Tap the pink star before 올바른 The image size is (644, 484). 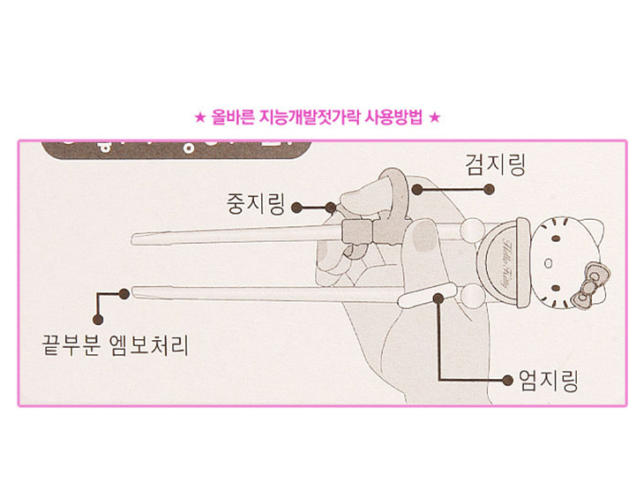(200, 117)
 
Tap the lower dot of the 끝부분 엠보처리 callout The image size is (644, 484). (97, 318)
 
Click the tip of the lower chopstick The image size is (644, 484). (134, 290)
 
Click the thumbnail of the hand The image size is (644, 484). (424, 243)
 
